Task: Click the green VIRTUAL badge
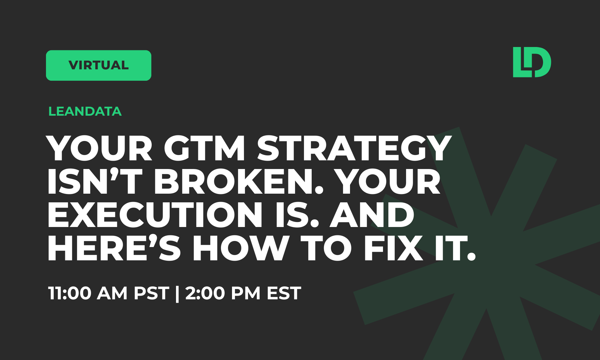[98, 65]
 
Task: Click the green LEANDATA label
[85, 111]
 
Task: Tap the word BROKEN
[238, 182]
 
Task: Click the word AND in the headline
[372, 215]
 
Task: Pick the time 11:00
[70, 293]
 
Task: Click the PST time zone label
[151, 293]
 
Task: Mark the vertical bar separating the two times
[177, 293]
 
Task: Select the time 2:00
[205, 293]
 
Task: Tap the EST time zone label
[284, 293]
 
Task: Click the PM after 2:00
[245, 293]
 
